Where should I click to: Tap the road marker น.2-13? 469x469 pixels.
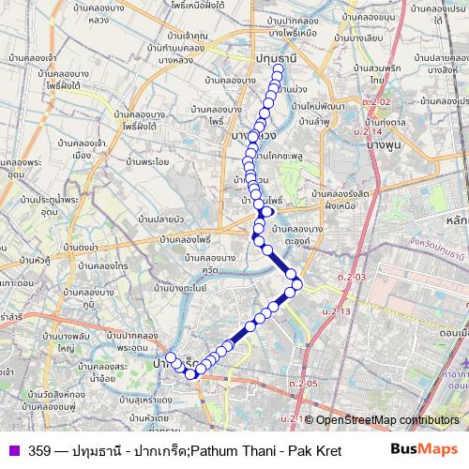334,310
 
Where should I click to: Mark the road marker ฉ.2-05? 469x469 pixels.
304,383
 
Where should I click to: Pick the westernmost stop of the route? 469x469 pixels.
171,356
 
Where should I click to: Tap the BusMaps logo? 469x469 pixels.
424,449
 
